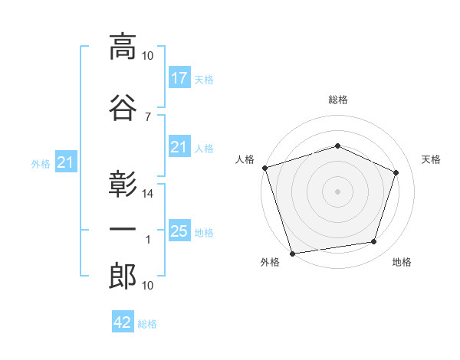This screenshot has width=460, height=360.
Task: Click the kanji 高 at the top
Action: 123,47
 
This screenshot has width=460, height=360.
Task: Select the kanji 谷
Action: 123,108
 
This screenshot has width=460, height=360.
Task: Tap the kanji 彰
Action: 123,184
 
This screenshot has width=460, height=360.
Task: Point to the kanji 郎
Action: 123,276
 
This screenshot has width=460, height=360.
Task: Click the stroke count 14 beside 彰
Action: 147,194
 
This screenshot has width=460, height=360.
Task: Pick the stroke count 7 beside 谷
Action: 148,117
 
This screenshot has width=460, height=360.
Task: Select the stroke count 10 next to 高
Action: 147,56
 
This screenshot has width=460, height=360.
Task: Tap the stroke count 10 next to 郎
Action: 147,286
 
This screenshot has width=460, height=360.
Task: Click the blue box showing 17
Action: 179,77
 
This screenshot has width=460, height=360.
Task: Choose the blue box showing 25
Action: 179,230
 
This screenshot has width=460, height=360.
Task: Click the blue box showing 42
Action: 123,321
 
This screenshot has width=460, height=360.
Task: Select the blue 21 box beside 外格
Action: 66,162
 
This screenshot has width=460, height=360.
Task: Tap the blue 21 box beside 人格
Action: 179,146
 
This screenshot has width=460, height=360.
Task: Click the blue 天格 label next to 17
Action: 204,80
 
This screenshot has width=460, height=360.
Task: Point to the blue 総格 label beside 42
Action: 147,324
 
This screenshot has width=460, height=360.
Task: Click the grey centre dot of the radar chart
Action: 337,191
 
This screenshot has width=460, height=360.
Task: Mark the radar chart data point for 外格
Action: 292,254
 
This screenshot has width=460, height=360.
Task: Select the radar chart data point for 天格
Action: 396,172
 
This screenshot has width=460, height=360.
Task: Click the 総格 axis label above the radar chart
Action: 338,100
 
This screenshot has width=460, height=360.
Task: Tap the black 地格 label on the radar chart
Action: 402,262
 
